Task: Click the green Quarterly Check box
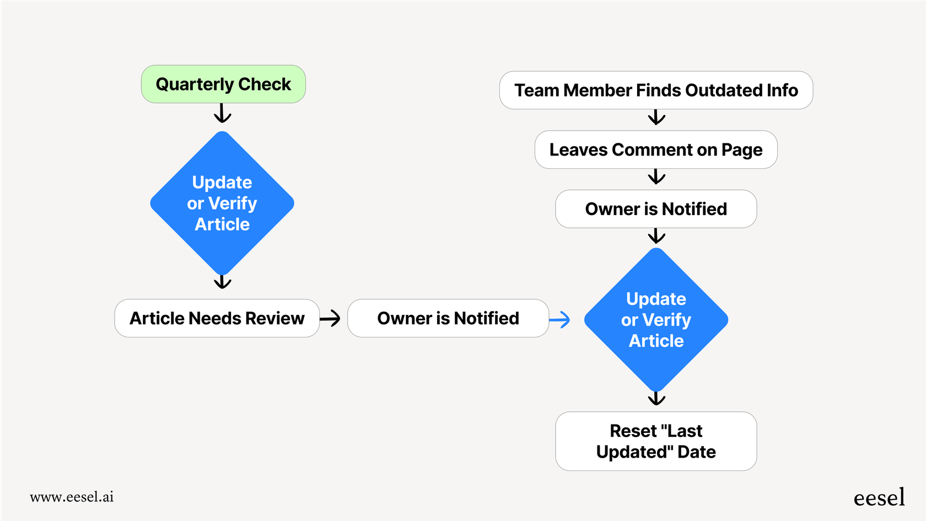click(223, 84)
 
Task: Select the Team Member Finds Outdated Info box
click(656, 90)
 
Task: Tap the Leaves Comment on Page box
click(656, 150)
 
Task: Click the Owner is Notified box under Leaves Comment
click(656, 209)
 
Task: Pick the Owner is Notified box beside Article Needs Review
click(448, 318)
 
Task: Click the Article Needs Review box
click(217, 318)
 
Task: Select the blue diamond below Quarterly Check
click(222, 203)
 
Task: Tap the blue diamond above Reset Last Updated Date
click(656, 320)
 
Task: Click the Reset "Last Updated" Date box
click(656, 441)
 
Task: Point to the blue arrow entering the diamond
click(559, 319)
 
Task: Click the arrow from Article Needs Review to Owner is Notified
click(330, 318)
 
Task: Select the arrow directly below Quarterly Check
click(222, 114)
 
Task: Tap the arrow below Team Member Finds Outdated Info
click(656, 117)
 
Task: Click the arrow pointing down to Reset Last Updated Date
click(656, 398)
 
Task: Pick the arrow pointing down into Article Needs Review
click(222, 282)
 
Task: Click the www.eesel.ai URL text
click(72, 497)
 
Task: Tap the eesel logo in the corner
click(879, 497)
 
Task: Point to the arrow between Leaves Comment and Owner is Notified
click(656, 177)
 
